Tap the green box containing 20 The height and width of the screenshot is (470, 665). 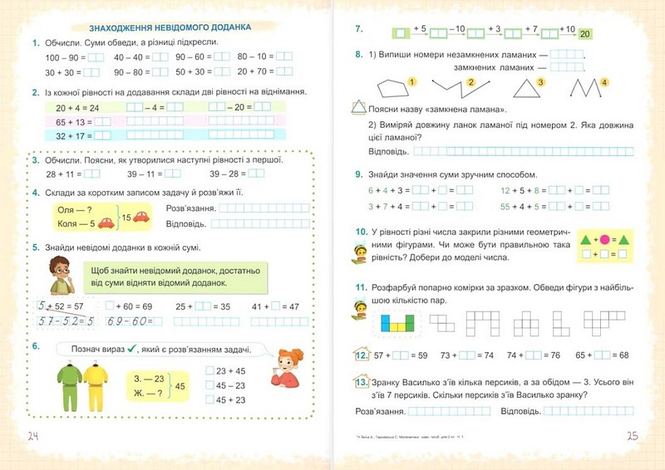(585, 34)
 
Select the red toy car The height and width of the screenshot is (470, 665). (140, 218)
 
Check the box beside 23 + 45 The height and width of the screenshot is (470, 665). (209, 370)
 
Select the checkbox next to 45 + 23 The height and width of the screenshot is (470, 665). (209, 399)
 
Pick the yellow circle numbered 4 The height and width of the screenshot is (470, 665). (604, 82)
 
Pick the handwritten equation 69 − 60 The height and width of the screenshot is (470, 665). (131, 321)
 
